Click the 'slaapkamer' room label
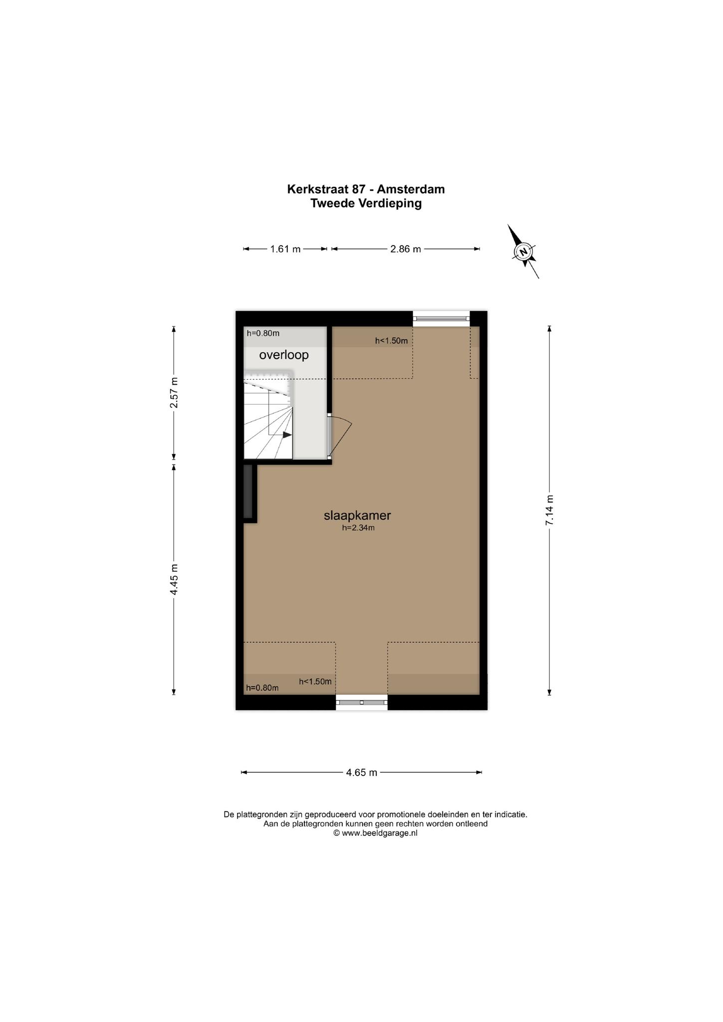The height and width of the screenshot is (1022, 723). point(357,515)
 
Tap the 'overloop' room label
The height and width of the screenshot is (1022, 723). point(284,355)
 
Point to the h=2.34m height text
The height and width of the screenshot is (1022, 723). point(358,528)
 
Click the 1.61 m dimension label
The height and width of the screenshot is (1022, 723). point(285,249)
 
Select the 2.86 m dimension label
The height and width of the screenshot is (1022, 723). point(406,249)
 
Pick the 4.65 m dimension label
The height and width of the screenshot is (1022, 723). point(362,772)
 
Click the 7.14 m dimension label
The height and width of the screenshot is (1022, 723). point(549,510)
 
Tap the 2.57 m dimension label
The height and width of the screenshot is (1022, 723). point(174,392)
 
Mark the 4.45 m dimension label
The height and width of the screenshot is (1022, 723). point(174,579)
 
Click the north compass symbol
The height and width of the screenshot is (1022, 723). point(523,252)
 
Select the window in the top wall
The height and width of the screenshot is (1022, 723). point(442,318)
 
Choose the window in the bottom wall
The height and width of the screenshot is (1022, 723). point(362,702)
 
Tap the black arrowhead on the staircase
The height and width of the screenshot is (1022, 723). point(287,435)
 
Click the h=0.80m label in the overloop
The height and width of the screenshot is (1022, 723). point(263,333)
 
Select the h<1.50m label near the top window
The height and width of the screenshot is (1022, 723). point(392,341)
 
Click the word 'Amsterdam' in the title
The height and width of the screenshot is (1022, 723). point(411,189)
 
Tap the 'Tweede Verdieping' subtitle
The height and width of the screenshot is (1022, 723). point(366,203)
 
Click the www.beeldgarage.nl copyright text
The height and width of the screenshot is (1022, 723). point(375,833)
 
